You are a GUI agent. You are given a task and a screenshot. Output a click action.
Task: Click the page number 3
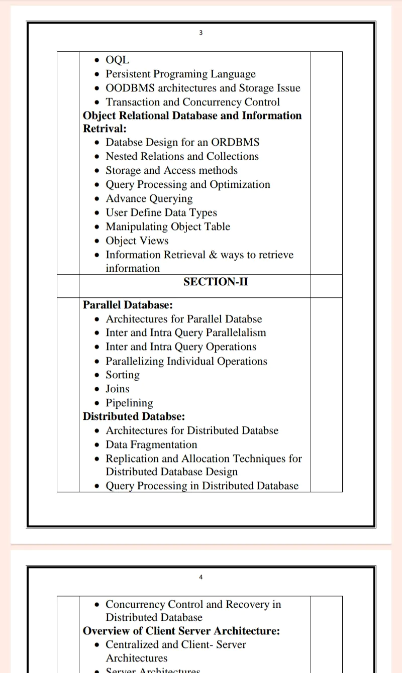click(x=201, y=33)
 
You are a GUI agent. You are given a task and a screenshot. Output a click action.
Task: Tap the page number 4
click(x=201, y=577)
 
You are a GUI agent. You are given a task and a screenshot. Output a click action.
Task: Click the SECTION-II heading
click(x=216, y=282)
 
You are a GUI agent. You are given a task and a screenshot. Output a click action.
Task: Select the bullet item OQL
click(x=117, y=60)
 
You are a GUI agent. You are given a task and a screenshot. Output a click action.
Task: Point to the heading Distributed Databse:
click(x=134, y=416)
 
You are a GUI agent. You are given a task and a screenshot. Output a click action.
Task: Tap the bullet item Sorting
click(x=123, y=375)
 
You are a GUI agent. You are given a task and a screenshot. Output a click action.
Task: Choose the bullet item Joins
click(x=117, y=389)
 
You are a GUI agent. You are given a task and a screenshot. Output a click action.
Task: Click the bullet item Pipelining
click(x=129, y=403)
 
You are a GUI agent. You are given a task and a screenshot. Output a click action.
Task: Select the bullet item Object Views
click(x=137, y=241)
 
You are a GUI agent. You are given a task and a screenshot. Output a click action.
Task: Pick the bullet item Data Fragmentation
click(x=151, y=444)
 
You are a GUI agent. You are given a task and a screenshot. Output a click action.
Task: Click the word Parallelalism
click(x=236, y=332)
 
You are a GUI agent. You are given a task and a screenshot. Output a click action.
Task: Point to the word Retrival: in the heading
click(x=105, y=129)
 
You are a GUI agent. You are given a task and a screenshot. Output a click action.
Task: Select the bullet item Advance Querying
click(x=149, y=198)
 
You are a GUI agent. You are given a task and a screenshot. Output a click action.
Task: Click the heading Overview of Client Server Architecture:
click(x=181, y=631)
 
